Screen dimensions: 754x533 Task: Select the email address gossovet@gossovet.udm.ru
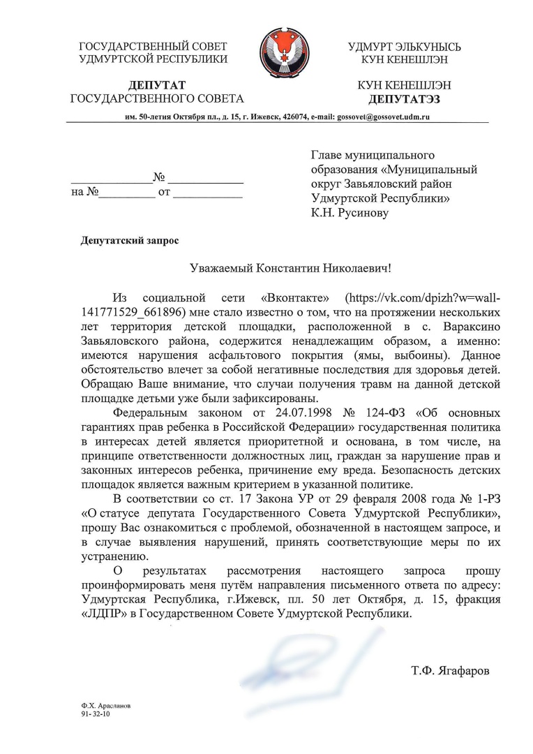pos(383,116)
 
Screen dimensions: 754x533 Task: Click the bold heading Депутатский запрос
pos(130,241)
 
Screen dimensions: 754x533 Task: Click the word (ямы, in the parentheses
pos(385,354)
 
